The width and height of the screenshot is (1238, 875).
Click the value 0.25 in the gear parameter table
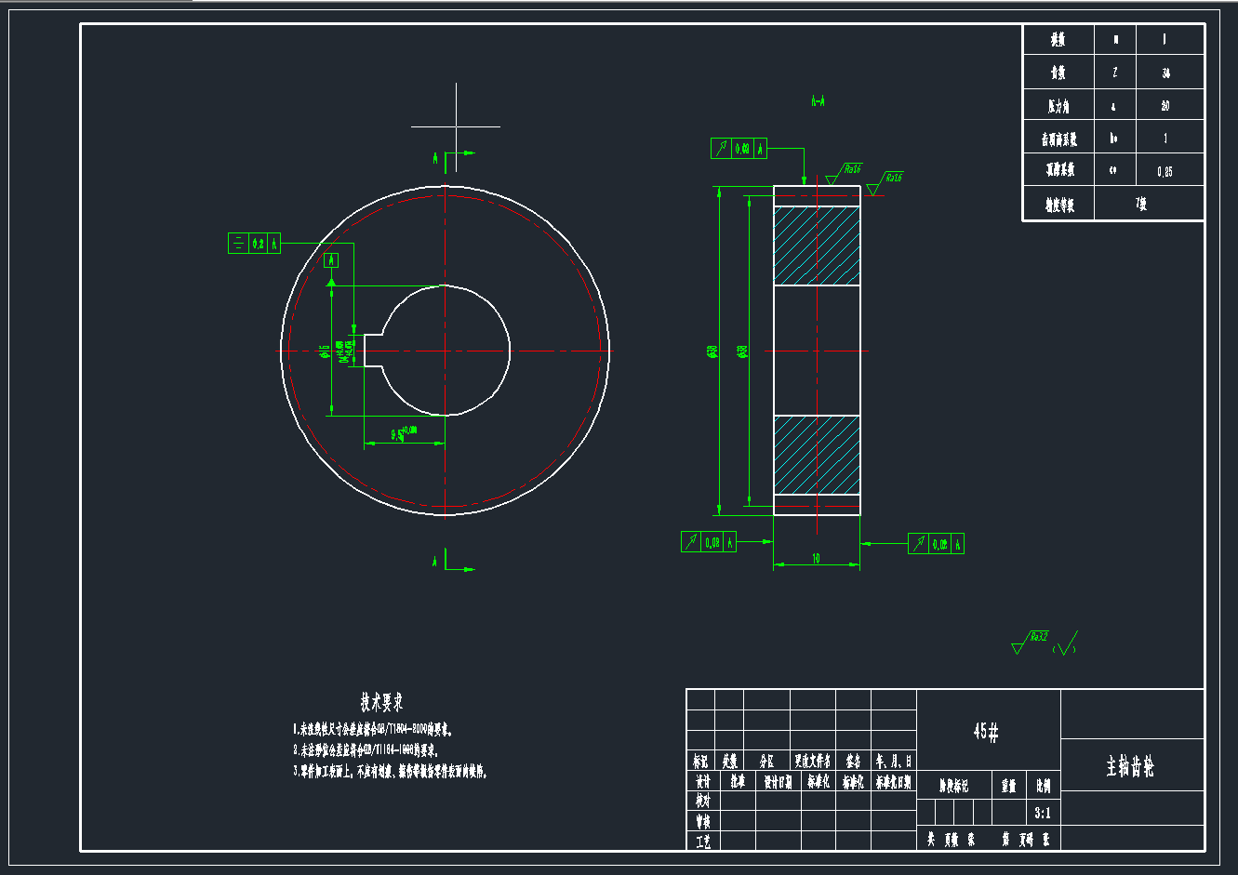click(1165, 171)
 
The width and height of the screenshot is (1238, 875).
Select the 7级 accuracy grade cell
click(1141, 205)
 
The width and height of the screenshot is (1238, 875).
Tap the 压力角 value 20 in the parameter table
click(1165, 106)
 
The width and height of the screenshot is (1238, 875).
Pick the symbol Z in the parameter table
click(1115, 73)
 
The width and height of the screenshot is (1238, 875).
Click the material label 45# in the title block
click(986, 732)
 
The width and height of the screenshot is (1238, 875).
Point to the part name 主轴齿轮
click(1130, 767)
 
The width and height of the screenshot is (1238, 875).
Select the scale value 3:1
click(1043, 813)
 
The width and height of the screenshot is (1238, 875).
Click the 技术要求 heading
click(381, 702)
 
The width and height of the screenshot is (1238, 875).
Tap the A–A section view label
click(819, 100)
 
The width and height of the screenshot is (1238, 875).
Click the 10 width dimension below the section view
click(816, 558)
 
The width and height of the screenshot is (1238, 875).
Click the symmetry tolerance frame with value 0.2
click(254, 244)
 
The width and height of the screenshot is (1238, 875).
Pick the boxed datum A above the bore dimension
click(331, 260)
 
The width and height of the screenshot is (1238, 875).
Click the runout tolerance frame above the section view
click(739, 148)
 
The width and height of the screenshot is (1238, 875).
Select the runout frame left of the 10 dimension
click(708, 542)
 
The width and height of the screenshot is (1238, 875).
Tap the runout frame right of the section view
click(936, 544)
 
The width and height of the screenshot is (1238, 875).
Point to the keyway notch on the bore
click(373, 351)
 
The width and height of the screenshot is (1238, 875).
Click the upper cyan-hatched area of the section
click(816, 245)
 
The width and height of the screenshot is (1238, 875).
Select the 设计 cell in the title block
click(702, 782)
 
